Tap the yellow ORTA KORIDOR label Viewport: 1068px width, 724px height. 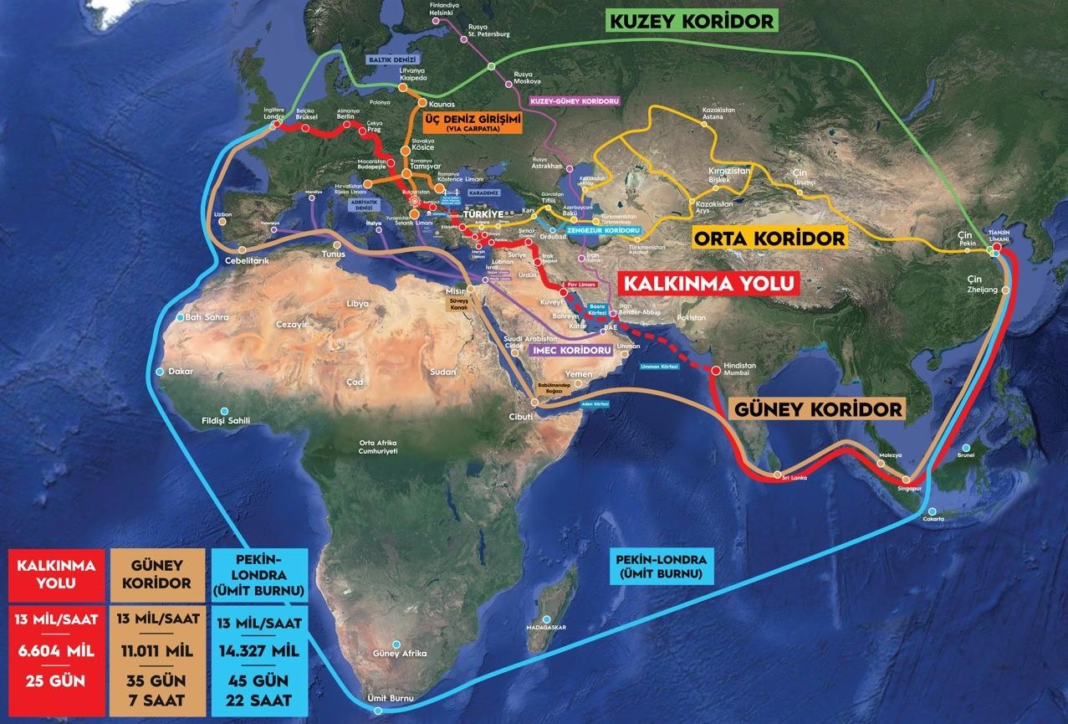[769, 238]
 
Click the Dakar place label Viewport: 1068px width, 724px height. [180, 371]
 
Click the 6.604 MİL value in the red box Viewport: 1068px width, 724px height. [56, 650]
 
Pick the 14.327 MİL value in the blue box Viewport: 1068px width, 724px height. [261, 650]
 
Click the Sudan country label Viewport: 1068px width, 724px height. [442, 372]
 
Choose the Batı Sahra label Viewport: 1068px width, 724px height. [204, 318]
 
